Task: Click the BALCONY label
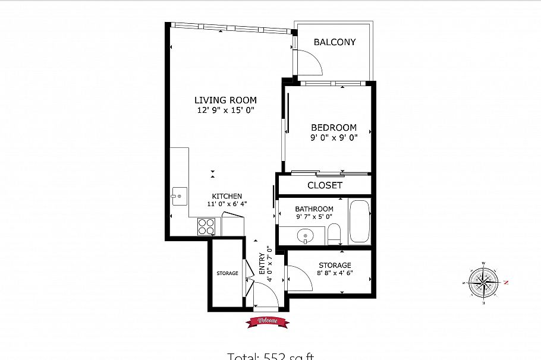click(335, 42)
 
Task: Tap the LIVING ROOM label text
click(225, 100)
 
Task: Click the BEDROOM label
click(334, 128)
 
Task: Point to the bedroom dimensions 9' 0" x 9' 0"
click(334, 138)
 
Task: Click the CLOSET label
click(325, 185)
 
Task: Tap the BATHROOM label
click(314, 209)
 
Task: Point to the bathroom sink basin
click(306, 236)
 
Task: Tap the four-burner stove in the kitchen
click(206, 226)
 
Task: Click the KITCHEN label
click(227, 197)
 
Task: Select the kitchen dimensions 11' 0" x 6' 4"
click(227, 204)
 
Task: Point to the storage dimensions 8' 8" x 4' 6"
click(335, 274)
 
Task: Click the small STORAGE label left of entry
click(227, 273)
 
